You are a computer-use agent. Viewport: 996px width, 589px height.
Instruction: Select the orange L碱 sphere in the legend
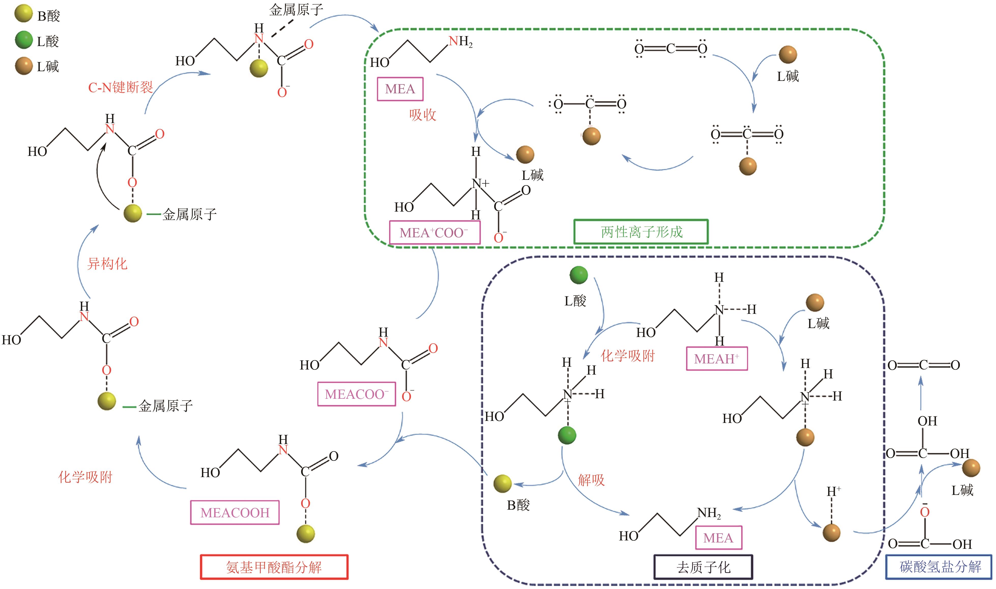[23, 66]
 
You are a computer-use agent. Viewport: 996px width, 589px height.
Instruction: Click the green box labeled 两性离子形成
[641, 232]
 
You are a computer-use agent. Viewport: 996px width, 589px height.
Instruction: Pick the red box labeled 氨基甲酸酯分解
[274, 567]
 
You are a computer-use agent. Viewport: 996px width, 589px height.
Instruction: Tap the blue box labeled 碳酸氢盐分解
[939, 567]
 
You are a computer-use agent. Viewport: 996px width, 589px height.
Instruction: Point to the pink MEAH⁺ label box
[717, 359]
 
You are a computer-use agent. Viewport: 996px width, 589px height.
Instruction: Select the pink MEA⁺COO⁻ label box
[434, 233]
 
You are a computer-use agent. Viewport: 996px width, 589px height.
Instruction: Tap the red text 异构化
[107, 263]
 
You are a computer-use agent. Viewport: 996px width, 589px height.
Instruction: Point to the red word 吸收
[423, 115]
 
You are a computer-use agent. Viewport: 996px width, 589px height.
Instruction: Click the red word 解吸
[591, 480]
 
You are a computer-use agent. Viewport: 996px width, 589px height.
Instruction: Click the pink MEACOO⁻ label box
[356, 394]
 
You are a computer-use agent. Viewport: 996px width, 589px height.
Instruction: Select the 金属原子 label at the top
[296, 9]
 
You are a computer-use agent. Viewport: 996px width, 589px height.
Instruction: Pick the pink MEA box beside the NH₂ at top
[400, 89]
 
